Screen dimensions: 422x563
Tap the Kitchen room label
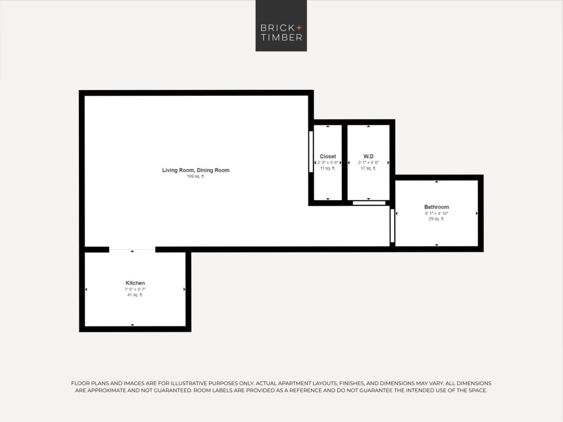135,283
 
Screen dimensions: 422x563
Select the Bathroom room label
436,207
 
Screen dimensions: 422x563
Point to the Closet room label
327,156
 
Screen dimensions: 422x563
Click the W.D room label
368,156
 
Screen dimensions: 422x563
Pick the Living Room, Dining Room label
195,170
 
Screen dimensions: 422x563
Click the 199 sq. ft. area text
195,176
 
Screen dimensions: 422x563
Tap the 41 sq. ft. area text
135,295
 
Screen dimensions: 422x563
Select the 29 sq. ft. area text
436,219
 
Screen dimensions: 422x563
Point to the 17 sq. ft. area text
368,168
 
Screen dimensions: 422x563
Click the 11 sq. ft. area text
327,168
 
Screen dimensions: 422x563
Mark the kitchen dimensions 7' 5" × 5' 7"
135,289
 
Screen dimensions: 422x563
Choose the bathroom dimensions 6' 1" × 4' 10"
436,213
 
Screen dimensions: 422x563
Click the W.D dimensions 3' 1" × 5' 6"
368,162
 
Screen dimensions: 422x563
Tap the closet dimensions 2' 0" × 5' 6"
328,162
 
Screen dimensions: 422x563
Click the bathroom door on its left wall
392,225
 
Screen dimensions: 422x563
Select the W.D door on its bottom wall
369,203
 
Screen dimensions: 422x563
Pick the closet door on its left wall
311,151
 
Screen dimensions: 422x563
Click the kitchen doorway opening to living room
132,250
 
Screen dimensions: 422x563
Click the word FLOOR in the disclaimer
81,383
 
